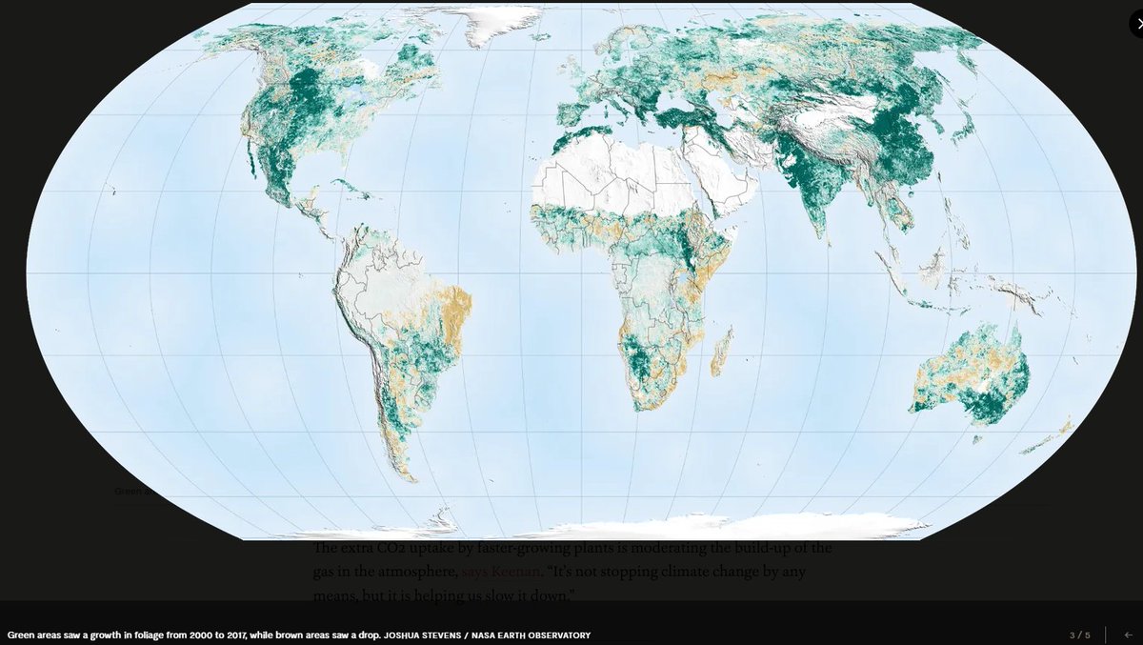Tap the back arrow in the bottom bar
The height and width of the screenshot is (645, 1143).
click(1129, 635)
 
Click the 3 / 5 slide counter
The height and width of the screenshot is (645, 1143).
click(1079, 635)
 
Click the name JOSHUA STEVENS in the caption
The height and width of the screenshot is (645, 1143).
click(419, 635)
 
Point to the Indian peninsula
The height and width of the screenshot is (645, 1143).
click(810, 200)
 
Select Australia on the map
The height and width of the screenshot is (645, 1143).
click(972, 376)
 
